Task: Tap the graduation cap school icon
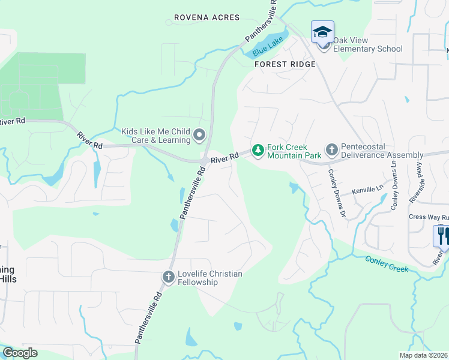(x=322, y=31)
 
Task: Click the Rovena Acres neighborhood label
(x=206, y=18)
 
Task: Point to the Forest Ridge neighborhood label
(x=285, y=64)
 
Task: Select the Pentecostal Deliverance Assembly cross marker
(x=331, y=149)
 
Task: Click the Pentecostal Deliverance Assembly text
(x=382, y=151)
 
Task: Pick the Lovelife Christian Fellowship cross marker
(x=169, y=277)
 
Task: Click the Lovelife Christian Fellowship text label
(x=209, y=278)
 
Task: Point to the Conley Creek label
(x=387, y=264)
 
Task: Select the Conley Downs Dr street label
(x=336, y=192)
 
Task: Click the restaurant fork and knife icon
(x=442, y=235)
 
